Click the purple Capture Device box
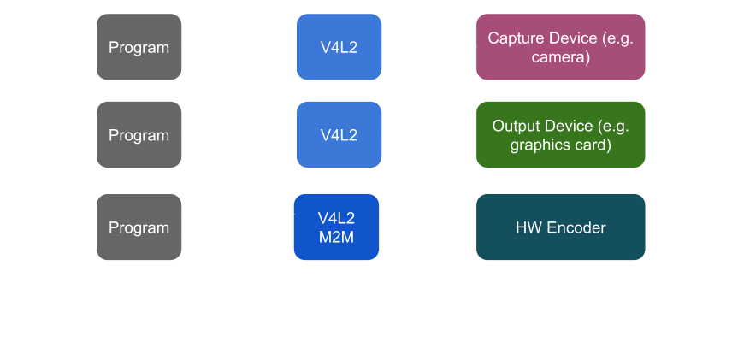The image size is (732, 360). (x=560, y=47)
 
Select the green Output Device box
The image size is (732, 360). (x=560, y=135)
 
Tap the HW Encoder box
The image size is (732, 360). (x=560, y=227)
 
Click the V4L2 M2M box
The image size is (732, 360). (x=336, y=227)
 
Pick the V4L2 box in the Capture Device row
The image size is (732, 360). (x=339, y=47)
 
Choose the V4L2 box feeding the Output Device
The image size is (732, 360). (x=339, y=135)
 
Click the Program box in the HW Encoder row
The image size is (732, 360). (x=139, y=227)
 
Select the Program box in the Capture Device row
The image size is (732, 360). (x=139, y=47)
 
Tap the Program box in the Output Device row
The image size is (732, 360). (x=139, y=135)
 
